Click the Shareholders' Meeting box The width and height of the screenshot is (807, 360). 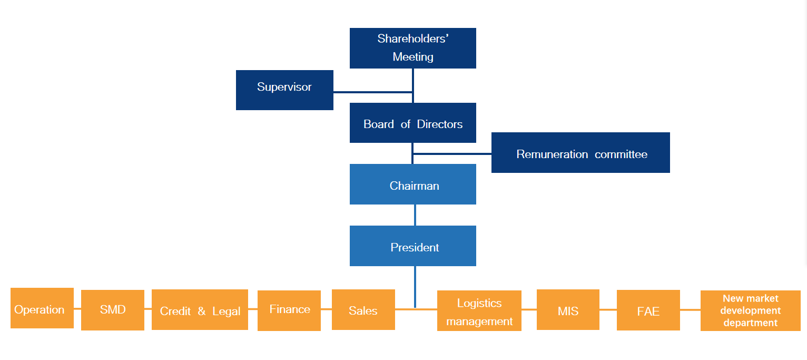tap(412, 48)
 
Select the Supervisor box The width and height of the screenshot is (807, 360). tap(284, 90)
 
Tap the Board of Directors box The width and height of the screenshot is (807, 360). tap(412, 123)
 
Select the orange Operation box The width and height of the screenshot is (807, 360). tap(42, 308)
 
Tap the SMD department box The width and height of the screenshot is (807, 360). tap(113, 310)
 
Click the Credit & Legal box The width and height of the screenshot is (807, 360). tap(200, 310)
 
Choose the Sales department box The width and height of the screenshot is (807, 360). tap(363, 310)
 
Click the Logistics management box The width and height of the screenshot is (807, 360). tap(479, 311)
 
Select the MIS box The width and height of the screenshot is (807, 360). tap(568, 310)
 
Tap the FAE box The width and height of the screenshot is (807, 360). tap(648, 310)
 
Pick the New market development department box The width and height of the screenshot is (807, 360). tap(750, 310)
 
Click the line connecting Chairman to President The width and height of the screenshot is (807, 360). tap(415, 215)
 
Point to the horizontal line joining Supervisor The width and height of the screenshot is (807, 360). tap(372, 92)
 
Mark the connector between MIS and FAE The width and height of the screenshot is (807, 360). tap(608, 310)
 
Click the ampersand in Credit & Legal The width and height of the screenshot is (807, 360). tap(201, 312)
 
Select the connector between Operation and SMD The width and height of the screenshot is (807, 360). tap(77, 309)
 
